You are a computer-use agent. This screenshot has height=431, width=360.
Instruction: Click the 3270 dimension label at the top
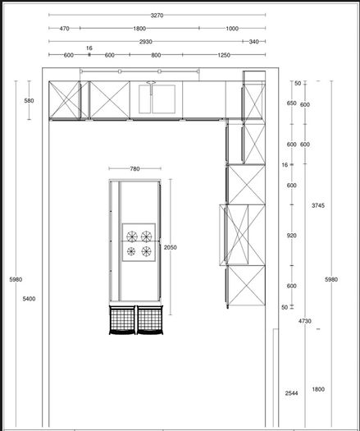click(x=157, y=16)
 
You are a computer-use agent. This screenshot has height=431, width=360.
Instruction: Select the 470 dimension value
click(x=64, y=28)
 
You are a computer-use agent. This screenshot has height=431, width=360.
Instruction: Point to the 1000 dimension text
click(x=232, y=28)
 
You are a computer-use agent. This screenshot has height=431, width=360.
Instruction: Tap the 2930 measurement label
click(x=145, y=42)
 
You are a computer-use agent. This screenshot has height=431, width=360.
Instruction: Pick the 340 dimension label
click(x=253, y=42)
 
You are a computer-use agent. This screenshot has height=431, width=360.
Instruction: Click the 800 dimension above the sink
click(x=156, y=55)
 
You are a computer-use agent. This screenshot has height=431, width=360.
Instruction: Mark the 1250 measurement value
click(x=224, y=55)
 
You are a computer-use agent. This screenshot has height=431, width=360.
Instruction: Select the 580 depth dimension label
click(x=29, y=101)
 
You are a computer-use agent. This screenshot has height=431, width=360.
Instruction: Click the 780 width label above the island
click(x=134, y=169)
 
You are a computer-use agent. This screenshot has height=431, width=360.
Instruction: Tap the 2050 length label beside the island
click(x=171, y=247)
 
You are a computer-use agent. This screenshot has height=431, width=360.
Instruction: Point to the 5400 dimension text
click(x=29, y=299)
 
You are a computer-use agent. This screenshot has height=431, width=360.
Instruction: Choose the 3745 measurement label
click(x=318, y=205)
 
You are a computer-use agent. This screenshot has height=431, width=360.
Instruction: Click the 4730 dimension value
click(x=305, y=321)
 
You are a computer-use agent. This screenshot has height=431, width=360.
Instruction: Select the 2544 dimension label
click(x=291, y=393)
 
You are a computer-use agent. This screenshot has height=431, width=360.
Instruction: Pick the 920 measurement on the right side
click(x=292, y=236)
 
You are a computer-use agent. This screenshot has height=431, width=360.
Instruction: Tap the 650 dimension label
click(x=292, y=103)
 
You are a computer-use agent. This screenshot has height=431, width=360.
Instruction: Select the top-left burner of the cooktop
click(x=132, y=236)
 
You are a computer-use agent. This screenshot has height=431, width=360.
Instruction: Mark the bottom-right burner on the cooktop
click(x=146, y=251)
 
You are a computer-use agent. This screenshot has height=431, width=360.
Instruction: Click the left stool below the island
click(x=122, y=320)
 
